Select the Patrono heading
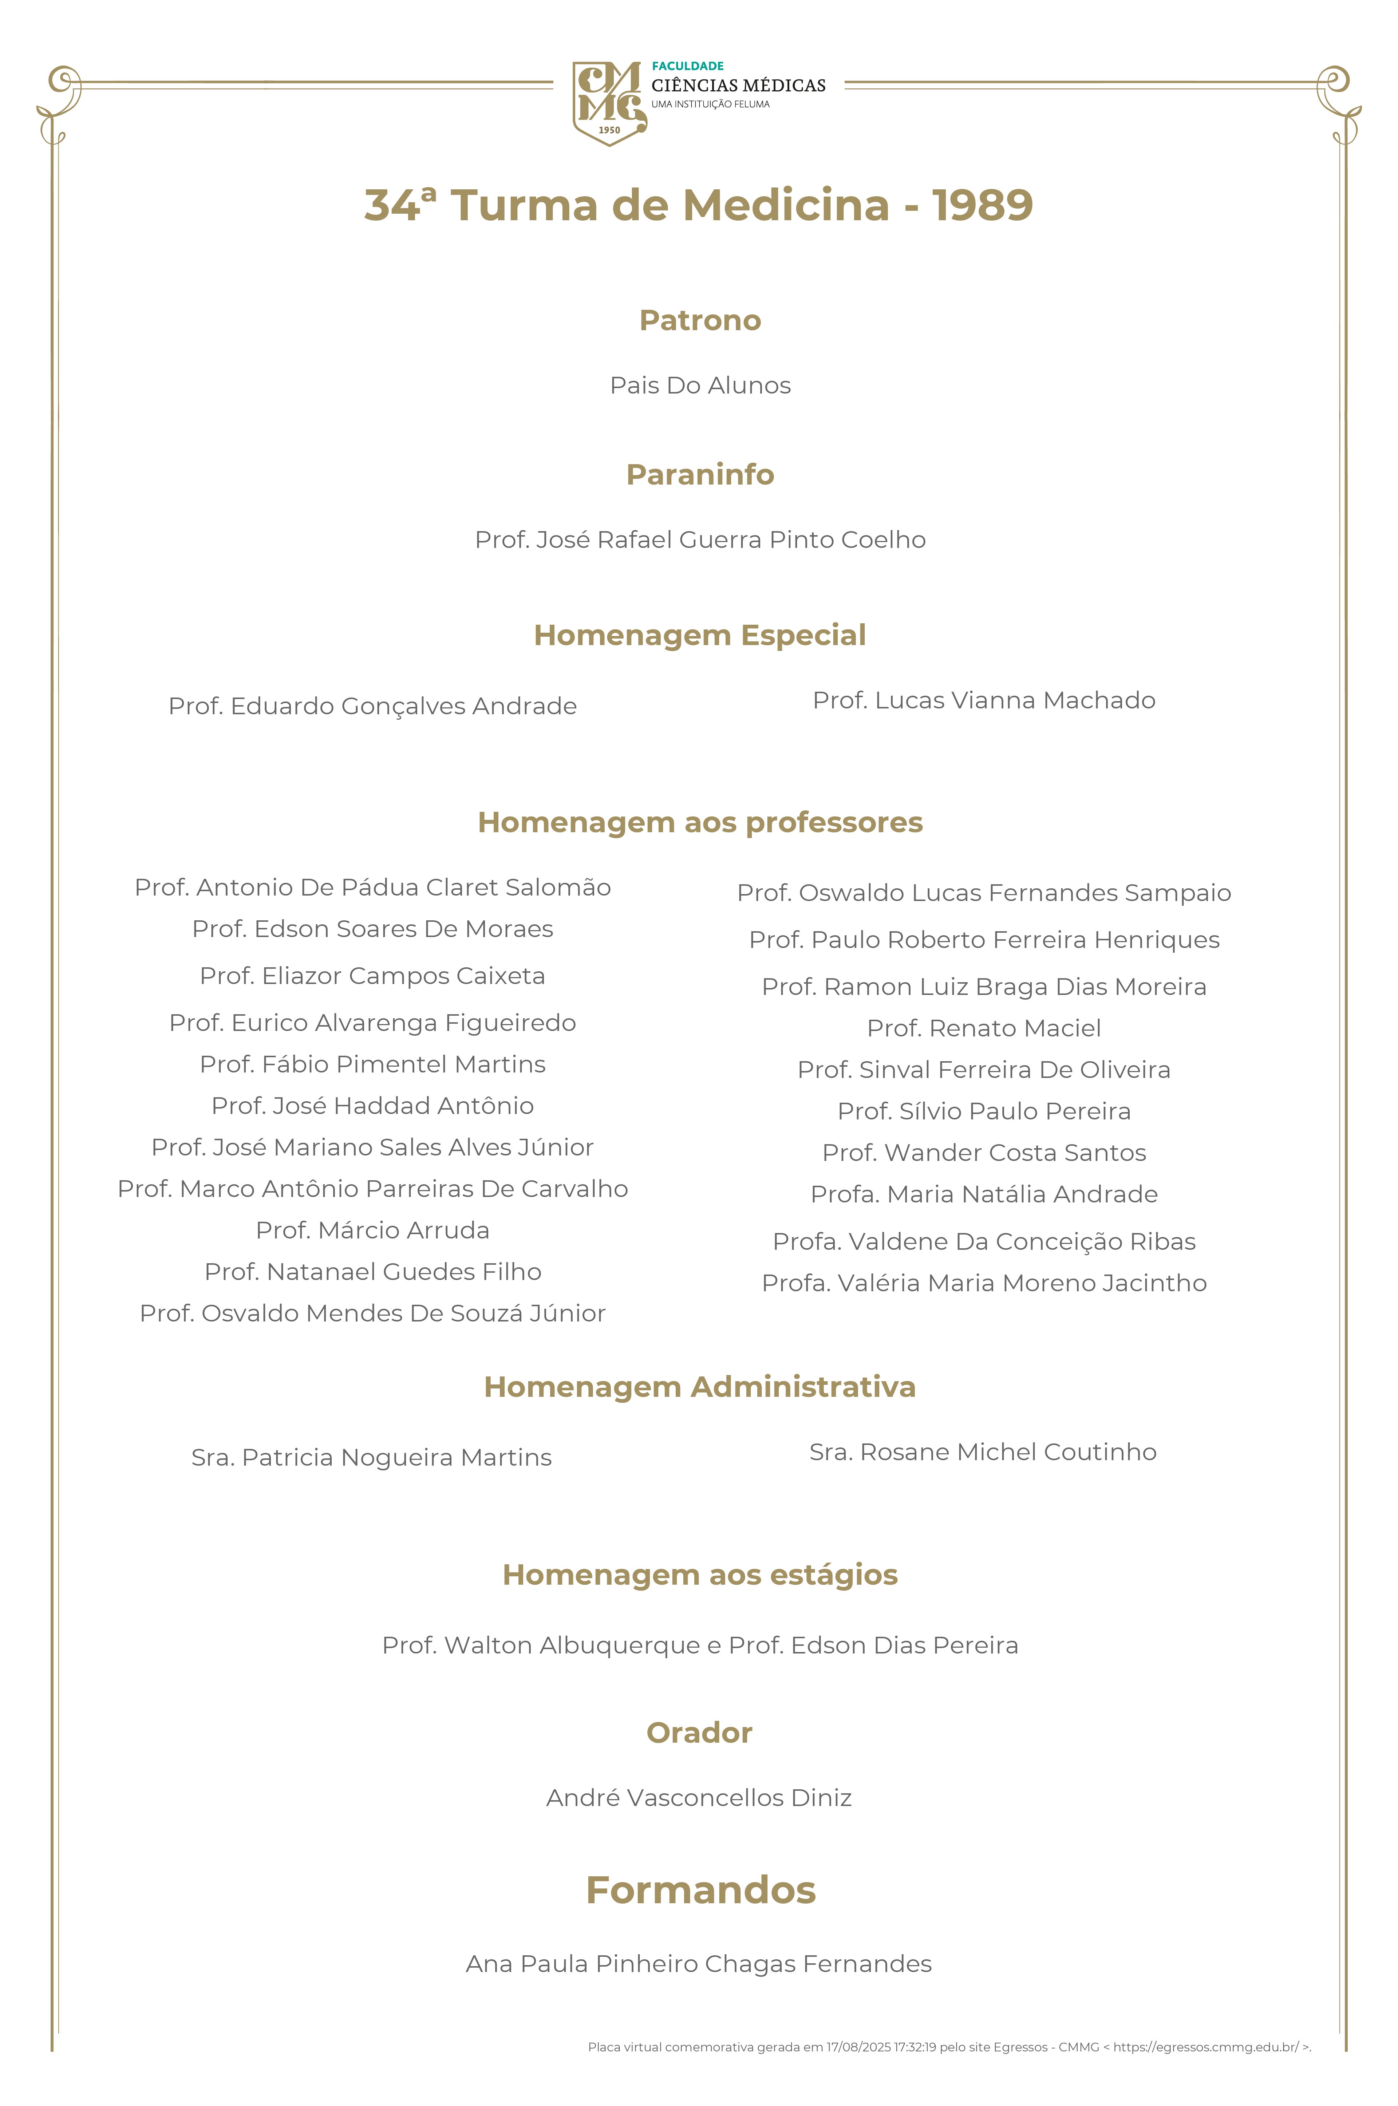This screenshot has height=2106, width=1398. [x=700, y=320]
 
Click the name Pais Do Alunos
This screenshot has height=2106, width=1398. [x=700, y=385]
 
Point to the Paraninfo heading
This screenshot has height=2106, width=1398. [x=700, y=474]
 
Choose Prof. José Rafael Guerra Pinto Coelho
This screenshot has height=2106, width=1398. [x=700, y=540]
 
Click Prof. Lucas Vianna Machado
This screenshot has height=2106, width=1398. [x=983, y=700]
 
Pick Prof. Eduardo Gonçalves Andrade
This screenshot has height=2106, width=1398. [x=373, y=706]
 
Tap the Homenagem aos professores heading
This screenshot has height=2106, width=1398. [x=700, y=822]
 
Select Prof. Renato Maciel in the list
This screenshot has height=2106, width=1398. [x=983, y=1028]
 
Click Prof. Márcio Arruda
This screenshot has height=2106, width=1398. [x=373, y=1230]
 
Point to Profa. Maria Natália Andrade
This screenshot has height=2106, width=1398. [x=983, y=1194]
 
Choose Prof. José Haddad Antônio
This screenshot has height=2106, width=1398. [x=373, y=1106]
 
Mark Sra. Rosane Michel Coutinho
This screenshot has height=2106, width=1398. [x=983, y=1453]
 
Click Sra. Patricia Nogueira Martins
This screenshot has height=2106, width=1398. [x=372, y=1458]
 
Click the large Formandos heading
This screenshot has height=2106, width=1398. [x=700, y=1890]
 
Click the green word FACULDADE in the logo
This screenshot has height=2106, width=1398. [x=687, y=66]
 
